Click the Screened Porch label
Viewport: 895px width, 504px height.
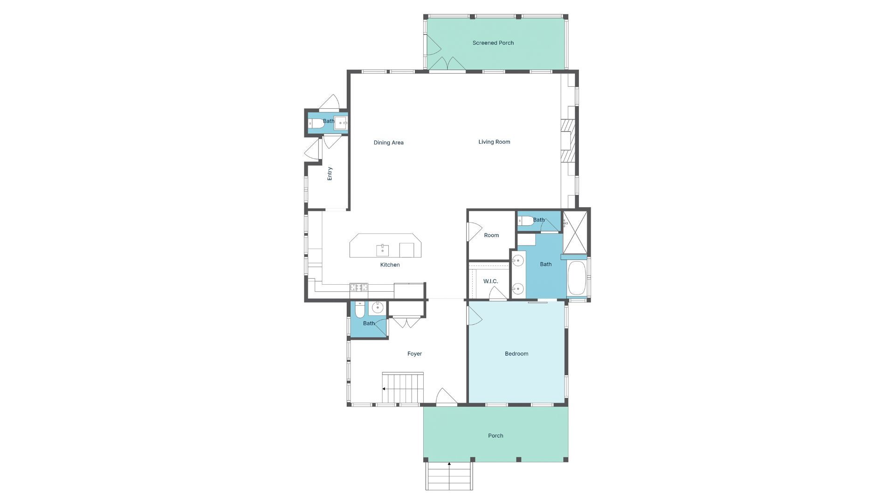pos(493,43)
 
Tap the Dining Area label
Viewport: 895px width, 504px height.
pos(388,143)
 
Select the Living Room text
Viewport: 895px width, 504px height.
pos(494,142)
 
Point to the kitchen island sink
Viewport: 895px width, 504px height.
pos(382,250)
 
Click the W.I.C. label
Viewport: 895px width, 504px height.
pos(490,281)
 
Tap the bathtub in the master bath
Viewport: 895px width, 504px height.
pos(577,278)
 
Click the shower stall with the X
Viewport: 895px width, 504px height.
pos(575,232)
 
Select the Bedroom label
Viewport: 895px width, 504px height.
pos(516,354)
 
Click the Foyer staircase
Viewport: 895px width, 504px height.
pos(403,388)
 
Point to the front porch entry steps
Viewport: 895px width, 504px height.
pos(449,476)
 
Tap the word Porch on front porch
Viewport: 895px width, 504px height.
pos(496,436)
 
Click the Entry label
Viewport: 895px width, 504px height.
pos(330,174)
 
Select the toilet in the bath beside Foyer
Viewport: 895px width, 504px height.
pos(359,309)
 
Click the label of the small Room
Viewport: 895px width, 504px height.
pos(491,235)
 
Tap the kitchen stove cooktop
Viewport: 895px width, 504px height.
pos(358,287)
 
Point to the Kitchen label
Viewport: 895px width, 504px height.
pos(390,265)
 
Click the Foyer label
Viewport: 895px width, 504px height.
pos(414,354)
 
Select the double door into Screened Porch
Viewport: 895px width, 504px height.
pos(447,64)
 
